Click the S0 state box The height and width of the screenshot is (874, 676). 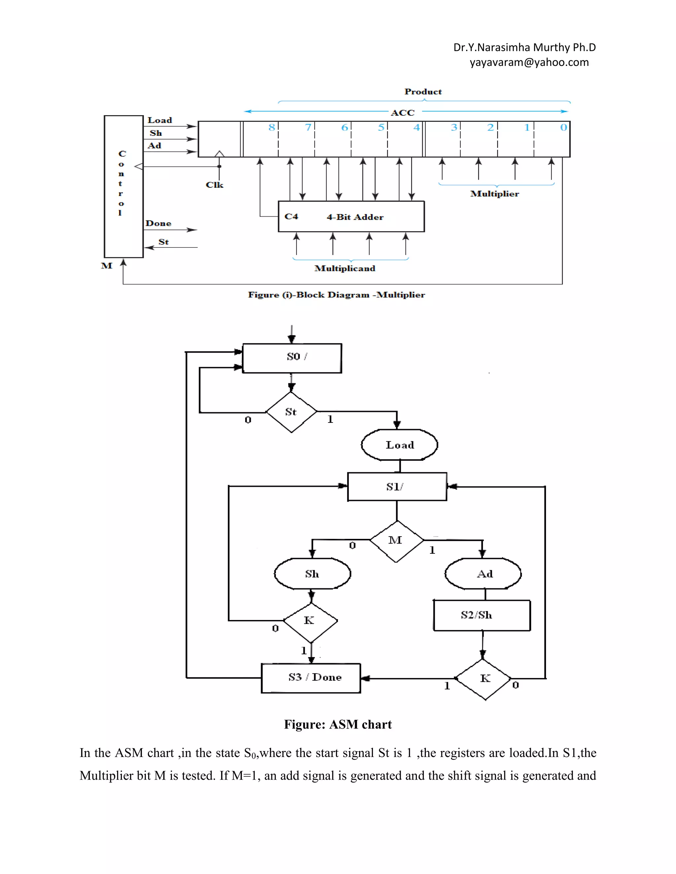click(x=292, y=358)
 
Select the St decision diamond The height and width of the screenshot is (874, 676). click(x=291, y=412)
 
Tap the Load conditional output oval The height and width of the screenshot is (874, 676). click(x=399, y=445)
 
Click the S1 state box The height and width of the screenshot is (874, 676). click(x=397, y=486)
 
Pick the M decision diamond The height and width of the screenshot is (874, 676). click(x=396, y=541)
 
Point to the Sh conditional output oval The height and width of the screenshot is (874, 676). click(x=312, y=574)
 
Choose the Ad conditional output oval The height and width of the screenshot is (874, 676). click(x=483, y=574)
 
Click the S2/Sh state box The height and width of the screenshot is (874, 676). click(x=482, y=615)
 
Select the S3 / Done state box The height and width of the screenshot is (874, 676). click(x=311, y=678)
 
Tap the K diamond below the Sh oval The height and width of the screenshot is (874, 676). click(x=310, y=621)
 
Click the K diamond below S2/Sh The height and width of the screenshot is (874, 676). click(x=484, y=679)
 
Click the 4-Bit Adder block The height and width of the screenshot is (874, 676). click(x=351, y=216)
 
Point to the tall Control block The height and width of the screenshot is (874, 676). click(x=123, y=186)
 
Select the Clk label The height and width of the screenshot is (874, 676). click(x=214, y=185)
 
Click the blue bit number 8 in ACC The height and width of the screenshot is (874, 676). click(x=272, y=128)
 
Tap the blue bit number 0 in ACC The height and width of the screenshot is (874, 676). click(x=563, y=128)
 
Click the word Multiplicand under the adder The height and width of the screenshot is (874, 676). click(x=345, y=268)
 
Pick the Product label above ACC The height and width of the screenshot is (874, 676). click(x=423, y=92)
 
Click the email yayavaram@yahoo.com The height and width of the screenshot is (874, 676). click(x=529, y=62)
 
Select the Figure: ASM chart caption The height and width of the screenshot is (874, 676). click(x=338, y=725)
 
